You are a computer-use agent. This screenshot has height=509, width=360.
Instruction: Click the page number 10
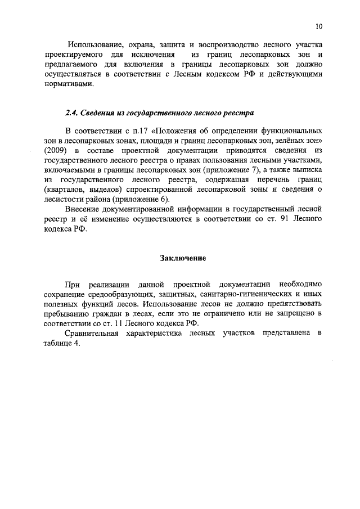[x=318, y=26]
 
